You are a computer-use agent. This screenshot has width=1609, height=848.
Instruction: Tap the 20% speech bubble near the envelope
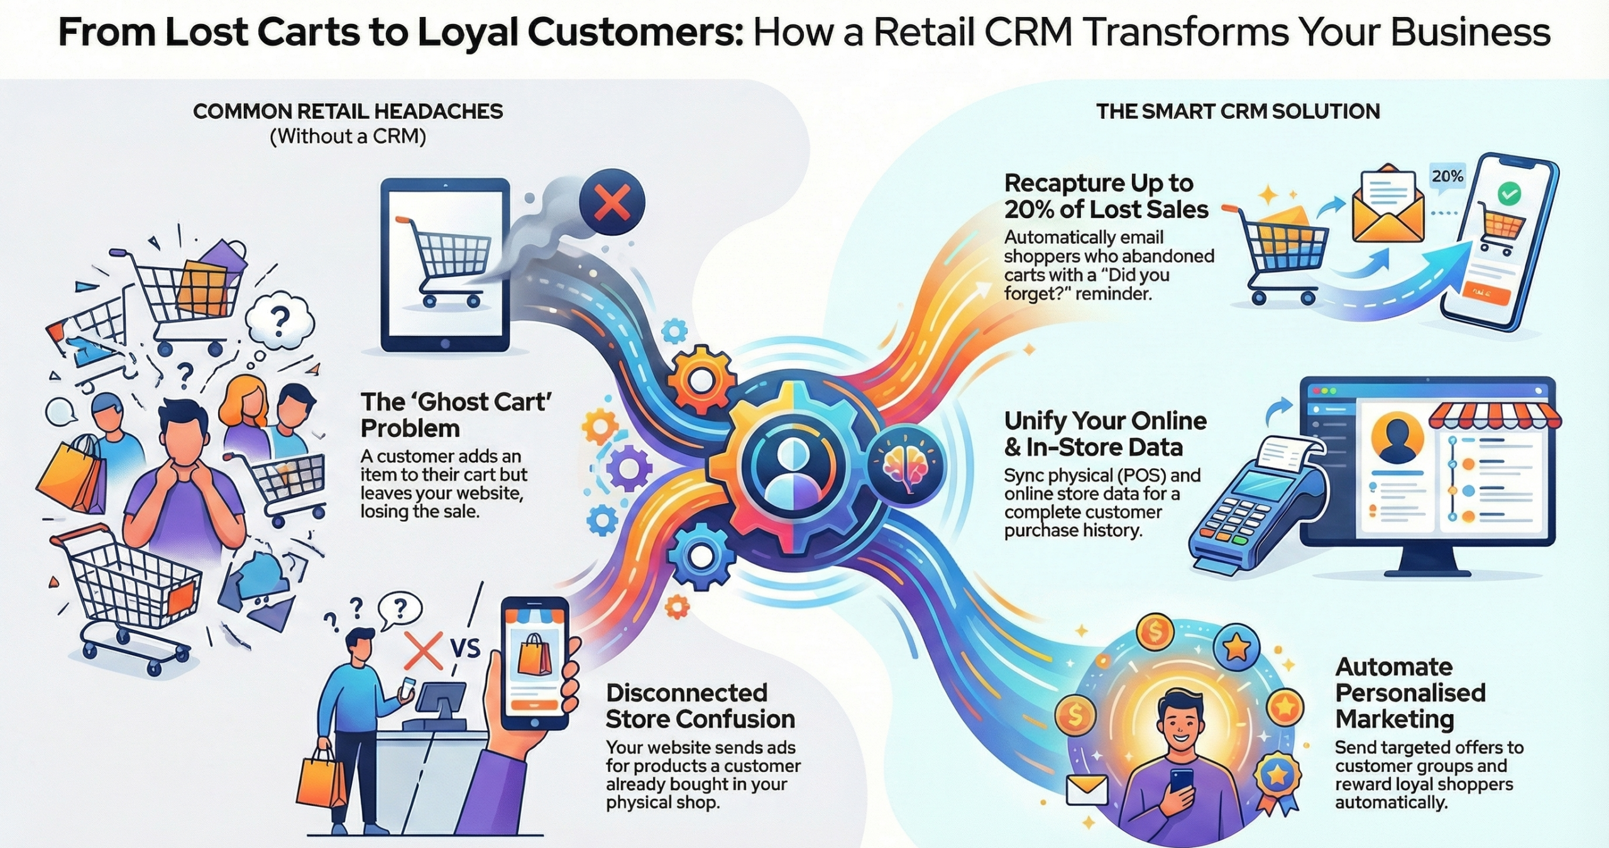tap(1447, 177)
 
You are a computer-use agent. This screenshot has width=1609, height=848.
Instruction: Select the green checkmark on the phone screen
tap(1508, 194)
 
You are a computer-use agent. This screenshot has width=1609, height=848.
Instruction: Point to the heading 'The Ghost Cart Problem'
tap(456, 415)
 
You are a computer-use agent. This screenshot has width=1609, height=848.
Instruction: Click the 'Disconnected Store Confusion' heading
tap(700, 706)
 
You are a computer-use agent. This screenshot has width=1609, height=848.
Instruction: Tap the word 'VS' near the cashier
tap(465, 647)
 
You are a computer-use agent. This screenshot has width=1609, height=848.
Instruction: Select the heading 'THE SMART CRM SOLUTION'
tap(1238, 112)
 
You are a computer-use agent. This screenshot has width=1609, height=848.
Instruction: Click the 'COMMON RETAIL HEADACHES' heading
tap(348, 112)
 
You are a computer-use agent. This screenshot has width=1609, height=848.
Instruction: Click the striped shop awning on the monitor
tap(1494, 416)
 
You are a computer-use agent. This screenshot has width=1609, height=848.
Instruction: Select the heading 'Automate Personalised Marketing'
tap(1410, 693)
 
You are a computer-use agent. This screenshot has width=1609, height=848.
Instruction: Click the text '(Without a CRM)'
tap(348, 136)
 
